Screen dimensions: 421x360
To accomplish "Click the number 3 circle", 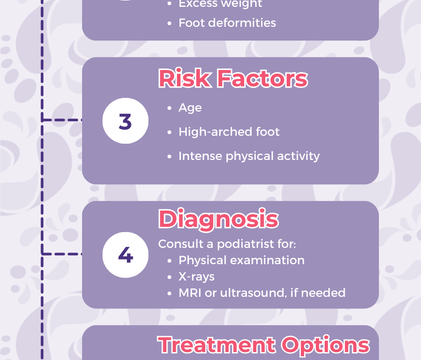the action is (x=125, y=121).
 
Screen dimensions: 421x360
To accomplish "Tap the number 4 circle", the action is (x=125, y=255).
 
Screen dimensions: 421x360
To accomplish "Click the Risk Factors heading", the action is (x=233, y=78).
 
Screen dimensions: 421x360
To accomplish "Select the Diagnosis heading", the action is (x=218, y=219).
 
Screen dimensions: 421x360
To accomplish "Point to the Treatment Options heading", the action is (x=264, y=345).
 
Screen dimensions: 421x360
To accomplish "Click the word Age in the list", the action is (x=190, y=108).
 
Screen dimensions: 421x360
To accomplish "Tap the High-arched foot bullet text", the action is (x=229, y=132).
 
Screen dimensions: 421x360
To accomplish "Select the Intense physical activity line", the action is (x=249, y=156).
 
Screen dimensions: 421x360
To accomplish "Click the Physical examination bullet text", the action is (x=242, y=261).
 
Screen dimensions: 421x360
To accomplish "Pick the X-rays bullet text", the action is (x=196, y=276).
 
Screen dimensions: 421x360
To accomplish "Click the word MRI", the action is (x=190, y=293).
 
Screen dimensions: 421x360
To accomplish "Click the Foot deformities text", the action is (x=227, y=23).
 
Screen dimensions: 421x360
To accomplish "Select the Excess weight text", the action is (x=220, y=4).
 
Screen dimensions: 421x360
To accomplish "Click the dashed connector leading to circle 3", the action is (x=62, y=119).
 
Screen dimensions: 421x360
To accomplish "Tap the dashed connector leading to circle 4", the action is (x=62, y=254).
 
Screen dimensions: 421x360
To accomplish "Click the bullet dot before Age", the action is (x=169, y=108).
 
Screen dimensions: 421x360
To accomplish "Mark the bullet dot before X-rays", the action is (x=169, y=277).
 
